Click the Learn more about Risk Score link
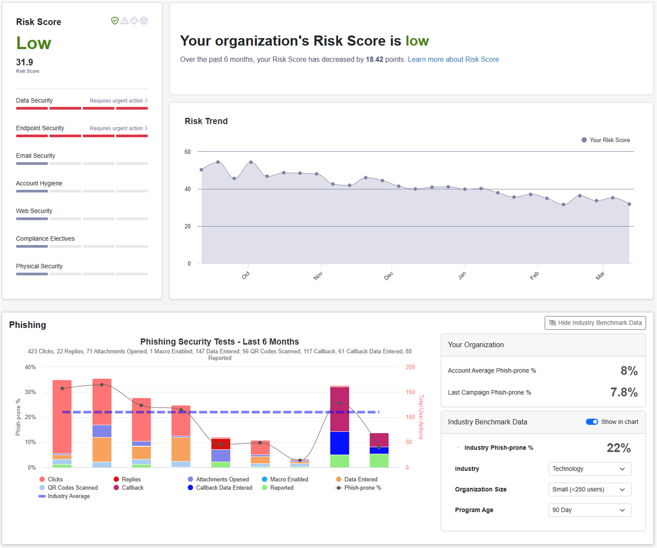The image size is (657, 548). (x=453, y=59)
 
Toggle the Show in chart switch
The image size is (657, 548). (x=592, y=422)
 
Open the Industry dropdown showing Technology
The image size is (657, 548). (x=589, y=469)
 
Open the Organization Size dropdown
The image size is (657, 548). (x=589, y=489)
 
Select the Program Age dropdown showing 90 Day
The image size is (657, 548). (x=589, y=510)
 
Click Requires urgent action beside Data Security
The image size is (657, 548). (x=118, y=101)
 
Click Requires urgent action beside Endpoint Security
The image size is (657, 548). (x=118, y=128)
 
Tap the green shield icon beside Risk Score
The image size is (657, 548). (x=115, y=21)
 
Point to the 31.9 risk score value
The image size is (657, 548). (x=24, y=62)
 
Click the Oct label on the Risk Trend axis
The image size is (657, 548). (x=246, y=275)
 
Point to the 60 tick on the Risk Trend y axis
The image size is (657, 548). (x=188, y=152)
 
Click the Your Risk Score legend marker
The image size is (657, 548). (x=584, y=140)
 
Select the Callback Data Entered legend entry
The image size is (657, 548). (x=224, y=488)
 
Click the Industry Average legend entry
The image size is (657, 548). (x=68, y=496)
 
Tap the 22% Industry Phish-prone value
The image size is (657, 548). (x=618, y=448)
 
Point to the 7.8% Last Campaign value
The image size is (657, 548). (x=624, y=392)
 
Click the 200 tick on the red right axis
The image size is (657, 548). (x=410, y=367)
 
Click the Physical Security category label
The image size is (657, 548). (x=39, y=266)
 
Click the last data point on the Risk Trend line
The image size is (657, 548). (x=629, y=204)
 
